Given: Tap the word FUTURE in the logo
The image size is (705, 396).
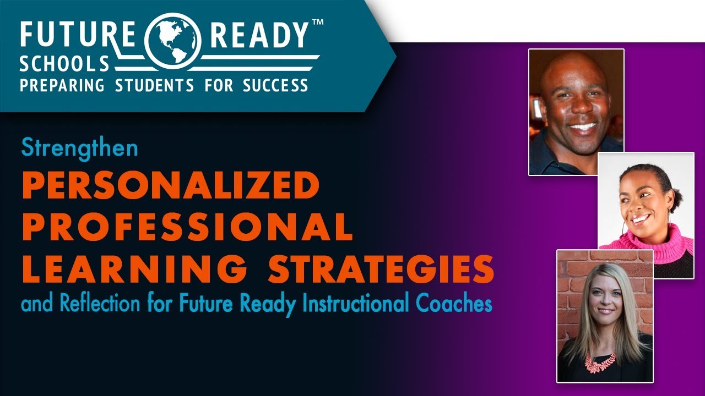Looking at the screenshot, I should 77,35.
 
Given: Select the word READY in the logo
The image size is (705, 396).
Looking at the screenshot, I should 260,35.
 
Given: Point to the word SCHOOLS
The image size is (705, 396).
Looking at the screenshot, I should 64,64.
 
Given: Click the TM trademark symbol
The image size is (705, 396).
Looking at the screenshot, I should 318,23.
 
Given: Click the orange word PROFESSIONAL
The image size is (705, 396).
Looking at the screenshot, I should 187,227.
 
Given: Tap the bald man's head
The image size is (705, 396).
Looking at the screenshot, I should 573,71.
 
